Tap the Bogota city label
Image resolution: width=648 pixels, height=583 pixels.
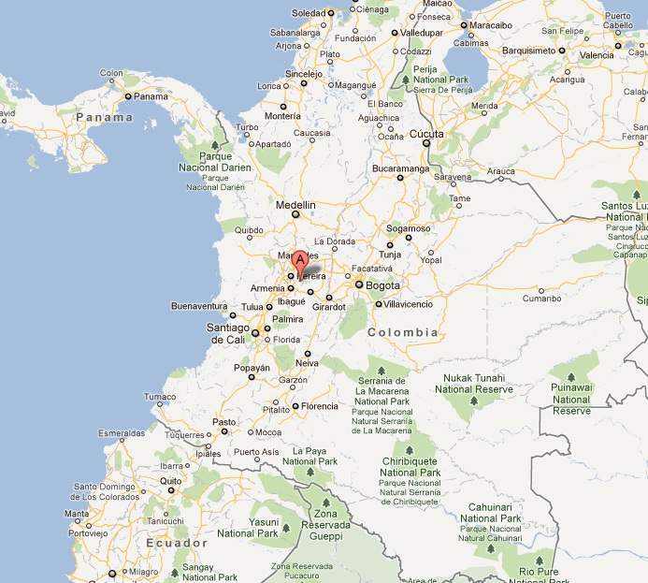point(382,285)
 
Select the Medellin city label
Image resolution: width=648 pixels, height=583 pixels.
point(296,205)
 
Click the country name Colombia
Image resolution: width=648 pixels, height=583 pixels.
point(403,332)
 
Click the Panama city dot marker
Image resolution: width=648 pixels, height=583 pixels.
point(127,95)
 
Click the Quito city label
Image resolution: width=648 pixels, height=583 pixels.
point(169,480)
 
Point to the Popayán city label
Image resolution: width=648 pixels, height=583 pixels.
point(252,368)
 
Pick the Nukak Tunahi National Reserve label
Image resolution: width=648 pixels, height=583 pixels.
point(478,384)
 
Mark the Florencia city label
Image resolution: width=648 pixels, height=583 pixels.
point(320,406)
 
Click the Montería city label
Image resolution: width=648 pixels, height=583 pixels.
point(283,116)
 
